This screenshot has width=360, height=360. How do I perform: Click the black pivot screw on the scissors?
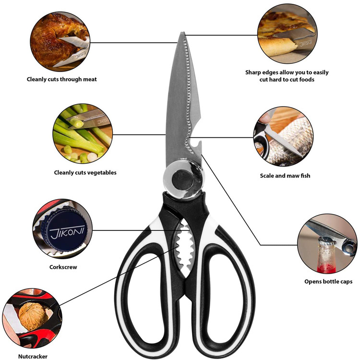(183, 180)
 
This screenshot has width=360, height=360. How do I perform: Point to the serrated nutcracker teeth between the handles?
(184, 248)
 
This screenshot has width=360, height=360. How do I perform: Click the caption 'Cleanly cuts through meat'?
(62, 79)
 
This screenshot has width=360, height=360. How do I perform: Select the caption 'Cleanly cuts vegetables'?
(85, 173)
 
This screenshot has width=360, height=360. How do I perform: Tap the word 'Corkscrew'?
(63, 267)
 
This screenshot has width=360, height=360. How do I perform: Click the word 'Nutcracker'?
(33, 356)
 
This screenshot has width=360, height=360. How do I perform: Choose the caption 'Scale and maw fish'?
(285, 176)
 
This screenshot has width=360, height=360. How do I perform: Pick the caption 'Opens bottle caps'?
(328, 281)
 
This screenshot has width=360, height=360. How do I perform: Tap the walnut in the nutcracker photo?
(33, 316)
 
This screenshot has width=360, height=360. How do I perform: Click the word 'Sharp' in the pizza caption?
(252, 72)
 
